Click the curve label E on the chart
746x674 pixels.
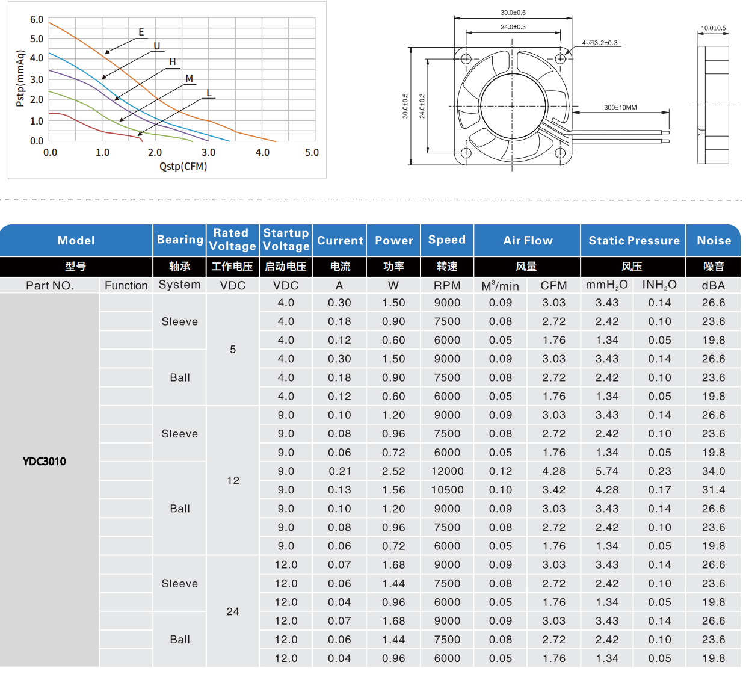pyautogui.click(x=141, y=32)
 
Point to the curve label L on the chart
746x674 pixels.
pyautogui.click(x=209, y=93)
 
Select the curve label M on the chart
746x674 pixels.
pyautogui.click(x=190, y=79)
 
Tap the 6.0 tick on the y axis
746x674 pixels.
pyautogui.click(x=37, y=20)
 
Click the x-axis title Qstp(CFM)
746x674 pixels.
pyautogui.click(x=183, y=167)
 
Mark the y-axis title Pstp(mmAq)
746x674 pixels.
pyautogui.click(x=20, y=79)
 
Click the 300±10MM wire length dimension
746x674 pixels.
pyautogui.click(x=620, y=108)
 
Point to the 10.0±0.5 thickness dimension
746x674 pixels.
pyautogui.click(x=713, y=28)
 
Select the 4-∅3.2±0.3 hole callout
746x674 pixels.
pyautogui.click(x=600, y=43)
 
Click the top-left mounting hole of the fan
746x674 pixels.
pyautogui.click(x=466, y=59)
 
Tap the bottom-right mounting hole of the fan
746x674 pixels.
pyautogui.click(x=560, y=153)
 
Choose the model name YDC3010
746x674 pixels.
pyautogui.click(x=45, y=462)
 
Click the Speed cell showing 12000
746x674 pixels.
pyautogui.click(x=447, y=471)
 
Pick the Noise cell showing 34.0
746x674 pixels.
pyautogui.click(x=714, y=471)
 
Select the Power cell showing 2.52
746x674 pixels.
pyautogui.click(x=393, y=471)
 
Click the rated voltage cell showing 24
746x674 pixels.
pyautogui.click(x=233, y=611)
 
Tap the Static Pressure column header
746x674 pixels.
pyautogui.click(x=633, y=241)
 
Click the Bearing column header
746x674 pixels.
pyautogui.click(x=180, y=240)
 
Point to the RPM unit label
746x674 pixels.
pyautogui.click(x=447, y=286)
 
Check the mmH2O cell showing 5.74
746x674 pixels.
pyautogui.click(x=607, y=471)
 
